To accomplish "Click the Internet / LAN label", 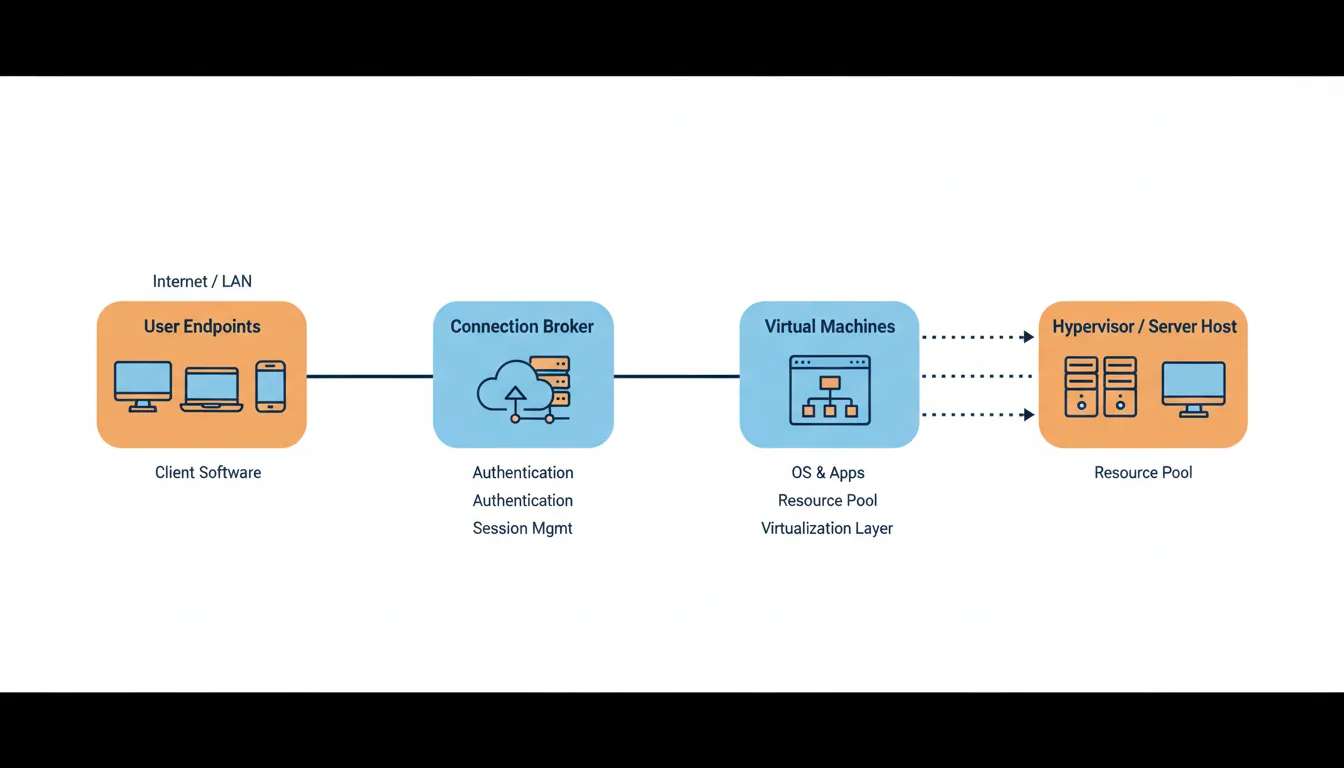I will click(x=202, y=281).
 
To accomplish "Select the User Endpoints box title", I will click(x=202, y=326).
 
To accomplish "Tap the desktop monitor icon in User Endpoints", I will click(x=143, y=385).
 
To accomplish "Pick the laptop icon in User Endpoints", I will click(x=211, y=389).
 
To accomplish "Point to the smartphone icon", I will click(x=270, y=386).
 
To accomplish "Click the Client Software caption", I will click(x=208, y=472).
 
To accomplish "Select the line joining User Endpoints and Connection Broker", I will click(x=369, y=376).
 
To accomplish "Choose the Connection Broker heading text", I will click(x=522, y=326).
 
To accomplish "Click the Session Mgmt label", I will click(x=522, y=528).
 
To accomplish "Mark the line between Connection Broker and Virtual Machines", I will click(x=676, y=376).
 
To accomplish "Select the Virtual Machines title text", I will click(x=829, y=326).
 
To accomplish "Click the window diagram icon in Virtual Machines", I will click(x=829, y=390).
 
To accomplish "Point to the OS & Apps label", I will click(x=827, y=472).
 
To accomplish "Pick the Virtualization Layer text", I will click(x=827, y=528).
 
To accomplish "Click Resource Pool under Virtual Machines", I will click(x=827, y=500).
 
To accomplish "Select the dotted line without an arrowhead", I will click(x=976, y=376).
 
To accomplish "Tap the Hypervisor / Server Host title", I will click(x=1144, y=326).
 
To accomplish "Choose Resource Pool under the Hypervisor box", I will click(x=1143, y=472).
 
